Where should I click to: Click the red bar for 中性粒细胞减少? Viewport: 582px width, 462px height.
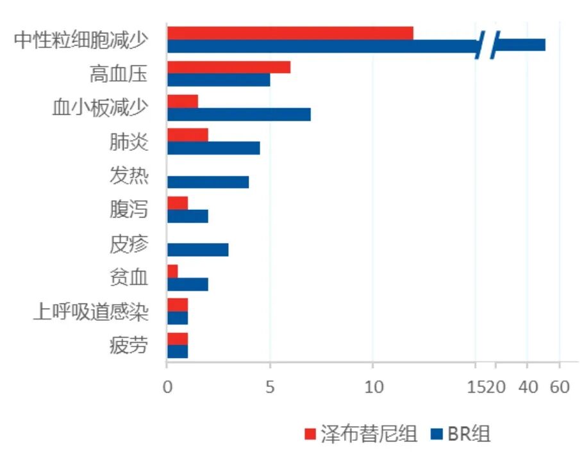pyautogui.click(x=290, y=33)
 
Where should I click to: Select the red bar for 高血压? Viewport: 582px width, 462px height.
pyautogui.click(x=228, y=67)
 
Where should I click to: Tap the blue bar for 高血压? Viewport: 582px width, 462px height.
pyautogui.click(x=218, y=80)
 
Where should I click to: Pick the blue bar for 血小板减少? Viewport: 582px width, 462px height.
pyautogui.click(x=238, y=114)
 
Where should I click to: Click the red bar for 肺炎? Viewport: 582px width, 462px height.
pyautogui.click(x=187, y=135)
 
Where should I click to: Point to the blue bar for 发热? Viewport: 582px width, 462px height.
pyautogui.click(x=208, y=182)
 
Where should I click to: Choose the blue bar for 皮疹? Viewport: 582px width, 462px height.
pyautogui.click(x=197, y=250)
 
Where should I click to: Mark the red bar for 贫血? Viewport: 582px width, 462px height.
pyautogui.click(x=172, y=271)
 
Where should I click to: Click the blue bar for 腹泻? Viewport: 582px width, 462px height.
pyautogui.click(x=187, y=216)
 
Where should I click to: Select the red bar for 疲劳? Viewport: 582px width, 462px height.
pyautogui.click(x=177, y=338)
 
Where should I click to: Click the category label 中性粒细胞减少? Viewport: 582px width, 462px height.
pyautogui.click(x=81, y=40)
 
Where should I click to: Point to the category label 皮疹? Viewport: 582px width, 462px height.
pyautogui.click(x=129, y=244)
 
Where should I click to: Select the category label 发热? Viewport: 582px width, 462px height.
pyautogui.click(x=129, y=176)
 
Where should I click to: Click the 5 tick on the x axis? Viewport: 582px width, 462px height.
pyautogui.click(x=270, y=387)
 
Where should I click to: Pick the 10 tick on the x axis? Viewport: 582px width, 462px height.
pyautogui.click(x=373, y=387)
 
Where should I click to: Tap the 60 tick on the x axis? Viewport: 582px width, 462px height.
pyautogui.click(x=560, y=387)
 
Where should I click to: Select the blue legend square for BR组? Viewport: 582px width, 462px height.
pyautogui.click(x=438, y=434)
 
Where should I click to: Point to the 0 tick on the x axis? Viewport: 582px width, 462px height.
pyautogui.click(x=167, y=387)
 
